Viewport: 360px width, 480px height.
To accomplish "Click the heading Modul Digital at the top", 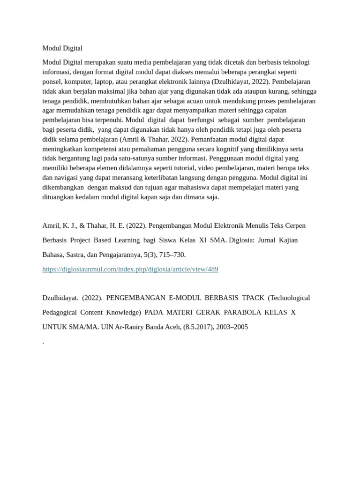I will click(x=62, y=48).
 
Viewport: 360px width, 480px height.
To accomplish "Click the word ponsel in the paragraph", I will click(x=52, y=82).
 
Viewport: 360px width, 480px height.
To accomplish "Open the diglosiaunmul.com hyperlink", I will click(x=130, y=269).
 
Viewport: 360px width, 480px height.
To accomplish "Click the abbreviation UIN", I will click(x=106, y=327).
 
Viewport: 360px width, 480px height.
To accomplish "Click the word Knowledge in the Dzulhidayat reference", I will click(x=124, y=312).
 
